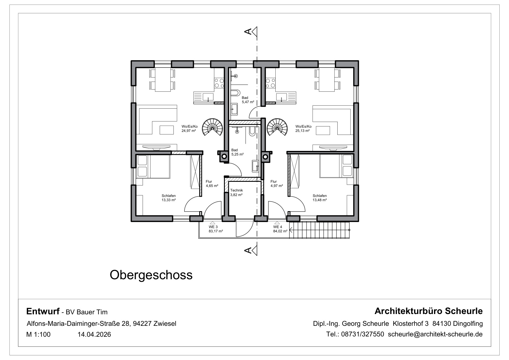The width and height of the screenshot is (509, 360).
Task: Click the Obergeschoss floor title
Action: point(151,275)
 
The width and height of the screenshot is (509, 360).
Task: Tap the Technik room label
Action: point(237,190)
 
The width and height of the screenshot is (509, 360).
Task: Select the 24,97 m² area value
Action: point(189,131)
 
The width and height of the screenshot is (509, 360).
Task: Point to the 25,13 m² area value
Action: point(303,131)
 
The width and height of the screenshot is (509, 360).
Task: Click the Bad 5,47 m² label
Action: point(248,100)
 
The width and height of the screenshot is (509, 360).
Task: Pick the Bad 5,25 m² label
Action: point(238,152)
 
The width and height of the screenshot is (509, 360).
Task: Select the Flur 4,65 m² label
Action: point(212,184)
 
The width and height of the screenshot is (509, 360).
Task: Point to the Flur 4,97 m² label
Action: point(277,184)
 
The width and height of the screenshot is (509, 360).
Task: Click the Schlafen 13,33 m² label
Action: point(169,198)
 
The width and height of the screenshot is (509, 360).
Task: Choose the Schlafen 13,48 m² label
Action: point(320,198)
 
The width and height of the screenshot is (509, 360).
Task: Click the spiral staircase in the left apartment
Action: point(212,127)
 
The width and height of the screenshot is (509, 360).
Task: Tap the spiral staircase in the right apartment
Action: point(277,127)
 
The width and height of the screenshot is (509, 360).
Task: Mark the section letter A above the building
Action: point(248,31)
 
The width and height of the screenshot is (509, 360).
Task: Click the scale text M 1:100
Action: point(38,335)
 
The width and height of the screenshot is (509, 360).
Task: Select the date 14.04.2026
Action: point(94,335)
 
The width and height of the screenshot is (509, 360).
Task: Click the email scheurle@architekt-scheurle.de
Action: point(435,334)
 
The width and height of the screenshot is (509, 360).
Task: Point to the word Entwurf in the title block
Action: point(43,311)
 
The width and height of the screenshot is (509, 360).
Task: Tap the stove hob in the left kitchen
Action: point(219,83)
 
